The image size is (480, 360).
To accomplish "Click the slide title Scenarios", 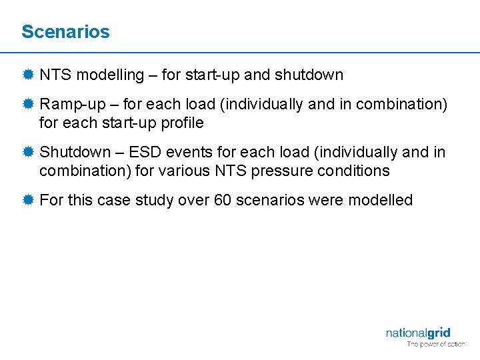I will pyautogui.click(x=65, y=31).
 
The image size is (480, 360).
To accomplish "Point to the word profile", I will pyautogui.click(x=181, y=123).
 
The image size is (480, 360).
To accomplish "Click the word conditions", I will pyautogui.click(x=357, y=171).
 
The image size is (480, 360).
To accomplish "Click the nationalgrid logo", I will pyautogui.click(x=418, y=333).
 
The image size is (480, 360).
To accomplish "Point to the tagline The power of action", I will pyautogui.click(x=437, y=345).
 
